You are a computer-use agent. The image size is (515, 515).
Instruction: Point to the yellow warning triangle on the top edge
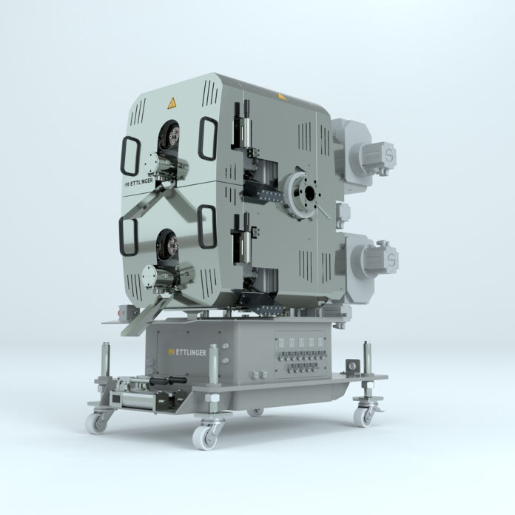tap(280, 95)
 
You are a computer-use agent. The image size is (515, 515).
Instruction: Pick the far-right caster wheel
tap(364, 416)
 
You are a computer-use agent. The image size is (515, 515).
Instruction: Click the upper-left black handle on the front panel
tap(131, 158)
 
